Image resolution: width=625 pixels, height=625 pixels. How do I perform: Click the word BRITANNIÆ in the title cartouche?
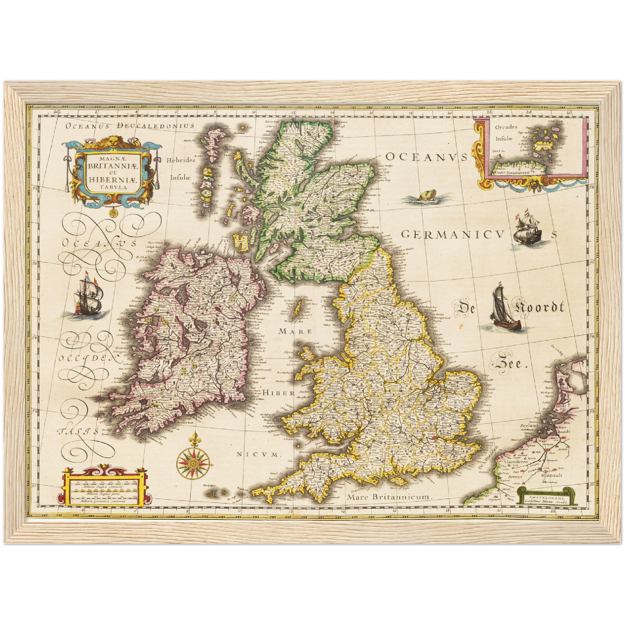(x=112, y=165)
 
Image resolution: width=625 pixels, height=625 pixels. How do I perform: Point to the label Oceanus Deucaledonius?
(x=130, y=126)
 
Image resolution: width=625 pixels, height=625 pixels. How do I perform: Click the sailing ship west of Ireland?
(x=89, y=297)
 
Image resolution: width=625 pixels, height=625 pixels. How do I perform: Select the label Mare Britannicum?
(x=389, y=497)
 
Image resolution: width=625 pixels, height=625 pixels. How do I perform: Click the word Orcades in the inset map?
(x=506, y=127)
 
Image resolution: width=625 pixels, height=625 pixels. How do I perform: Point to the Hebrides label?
(x=181, y=160)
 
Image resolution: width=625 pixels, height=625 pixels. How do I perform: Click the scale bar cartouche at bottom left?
(x=104, y=487)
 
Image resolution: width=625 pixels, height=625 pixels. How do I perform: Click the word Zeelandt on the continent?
(x=530, y=426)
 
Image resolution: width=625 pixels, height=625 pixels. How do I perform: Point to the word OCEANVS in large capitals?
(x=426, y=157)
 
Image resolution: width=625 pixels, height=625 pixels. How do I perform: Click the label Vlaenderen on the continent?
(x=514, y=462)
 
